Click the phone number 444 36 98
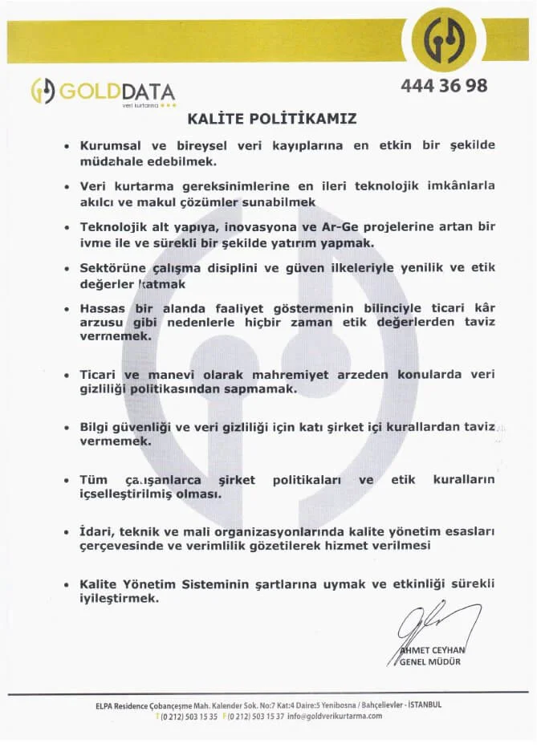442,86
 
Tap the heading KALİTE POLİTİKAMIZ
272,119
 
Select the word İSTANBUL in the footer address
425,705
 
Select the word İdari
96,531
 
